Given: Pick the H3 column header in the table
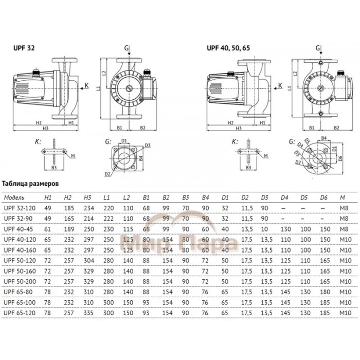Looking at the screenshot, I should pyautogui.click(x=87, y=197).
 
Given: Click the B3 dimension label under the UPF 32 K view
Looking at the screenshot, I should pyautogui.click(x=55, y=167).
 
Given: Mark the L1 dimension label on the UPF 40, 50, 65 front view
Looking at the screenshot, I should pyautogui.click(x=290, y=87).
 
